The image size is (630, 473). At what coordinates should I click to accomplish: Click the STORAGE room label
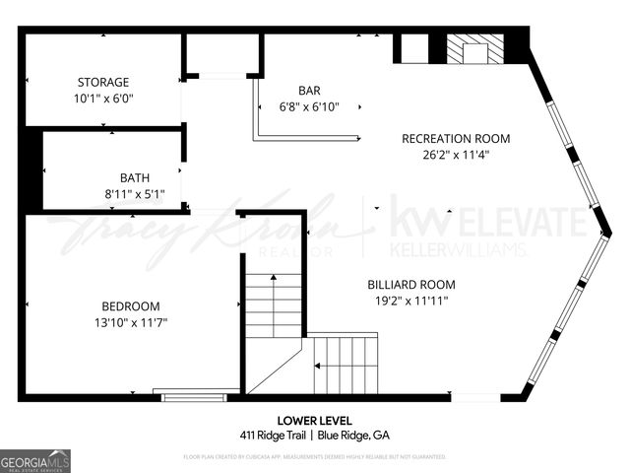coord(103,82)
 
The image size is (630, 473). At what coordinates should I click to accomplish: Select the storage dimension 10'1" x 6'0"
coord(103,99)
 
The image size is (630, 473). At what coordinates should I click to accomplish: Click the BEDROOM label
coord(131,305)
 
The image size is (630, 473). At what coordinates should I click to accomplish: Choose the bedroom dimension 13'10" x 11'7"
coord(131,321)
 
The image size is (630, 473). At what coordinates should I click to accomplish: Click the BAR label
coord(309,91)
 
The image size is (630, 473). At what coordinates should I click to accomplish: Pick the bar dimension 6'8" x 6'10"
coord(309,107)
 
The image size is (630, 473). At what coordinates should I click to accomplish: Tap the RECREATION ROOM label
coord(456,138)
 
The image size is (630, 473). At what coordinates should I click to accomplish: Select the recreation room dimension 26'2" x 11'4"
coord(456,154)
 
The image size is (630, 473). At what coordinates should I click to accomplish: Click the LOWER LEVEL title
coord(314,421)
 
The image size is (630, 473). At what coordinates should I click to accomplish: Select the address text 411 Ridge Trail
coord(273,435)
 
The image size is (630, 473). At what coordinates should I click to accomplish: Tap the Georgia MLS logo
coord(35,460)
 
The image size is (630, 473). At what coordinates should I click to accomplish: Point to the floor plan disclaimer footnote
coord(314,456)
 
